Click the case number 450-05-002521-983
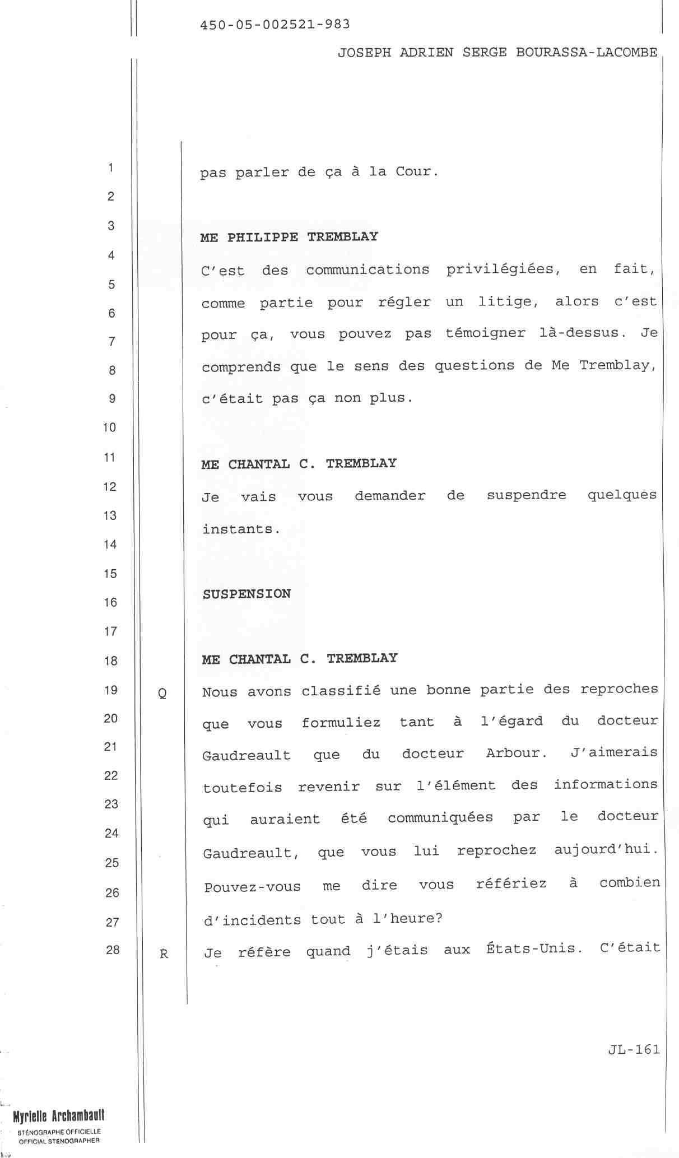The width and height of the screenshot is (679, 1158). pos(275,25)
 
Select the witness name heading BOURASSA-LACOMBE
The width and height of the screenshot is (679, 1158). pos(587,53)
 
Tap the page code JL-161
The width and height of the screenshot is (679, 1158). pos(634,1049)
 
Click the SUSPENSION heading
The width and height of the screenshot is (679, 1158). pos(247,594)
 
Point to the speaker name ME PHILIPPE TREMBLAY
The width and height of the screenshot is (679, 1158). pos(289,237)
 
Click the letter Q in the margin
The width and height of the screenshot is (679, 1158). pos(162,694)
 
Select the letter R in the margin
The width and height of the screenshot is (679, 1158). pos(164,954)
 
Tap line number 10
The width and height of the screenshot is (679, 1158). pos(109,427)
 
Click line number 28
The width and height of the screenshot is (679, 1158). pos(113,950)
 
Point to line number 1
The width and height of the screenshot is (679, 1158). pos(111,168)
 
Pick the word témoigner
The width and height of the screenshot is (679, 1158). pos(485,333)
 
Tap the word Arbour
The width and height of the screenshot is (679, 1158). pos(516,753)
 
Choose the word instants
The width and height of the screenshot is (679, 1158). pos(241,529)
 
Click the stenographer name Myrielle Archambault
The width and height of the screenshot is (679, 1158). pos(59,1116)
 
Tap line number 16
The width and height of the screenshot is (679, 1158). pos(110,602)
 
